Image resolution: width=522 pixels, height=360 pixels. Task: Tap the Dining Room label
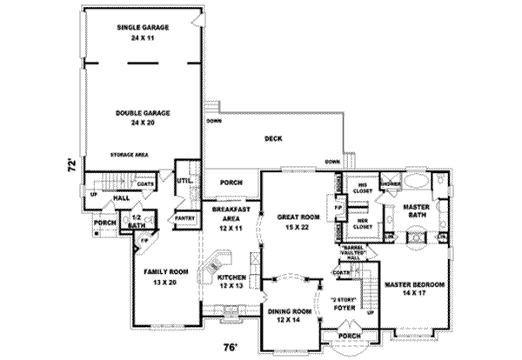tap(290, 316)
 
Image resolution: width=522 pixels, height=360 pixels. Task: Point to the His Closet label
tap(358, 188)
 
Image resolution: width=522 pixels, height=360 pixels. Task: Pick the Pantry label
tap(184, 217)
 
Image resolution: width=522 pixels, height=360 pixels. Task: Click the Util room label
tap(184, 180)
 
